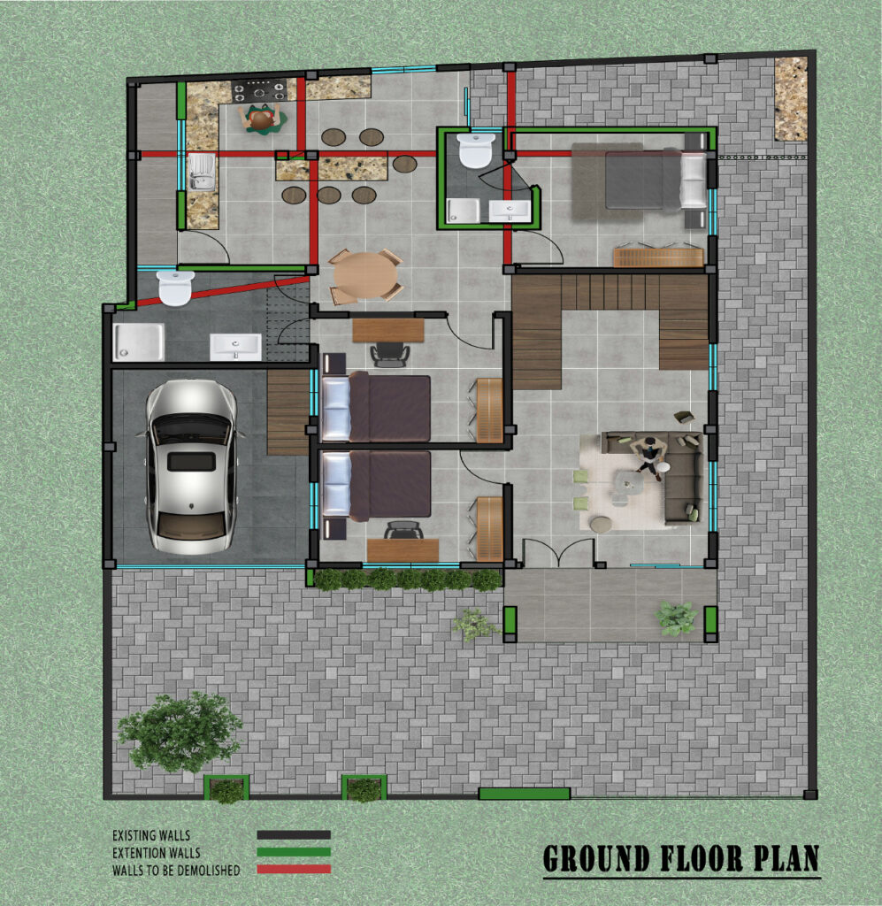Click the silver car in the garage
coord(192,467)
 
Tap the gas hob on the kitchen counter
coord(259,91)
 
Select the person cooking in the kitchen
coord(262,119)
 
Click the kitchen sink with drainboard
coord(202,171)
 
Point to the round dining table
coord(364,276)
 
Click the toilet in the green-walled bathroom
coord(475,150)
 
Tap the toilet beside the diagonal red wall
coord(175,288)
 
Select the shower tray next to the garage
coord(139,342)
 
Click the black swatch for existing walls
coord(294,835)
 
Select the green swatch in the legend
coord(294,852)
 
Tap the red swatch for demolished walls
coord(294,869)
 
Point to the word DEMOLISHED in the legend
coord(205,870)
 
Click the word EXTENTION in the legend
coord(137,853)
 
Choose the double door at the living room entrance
coord(558,553)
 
